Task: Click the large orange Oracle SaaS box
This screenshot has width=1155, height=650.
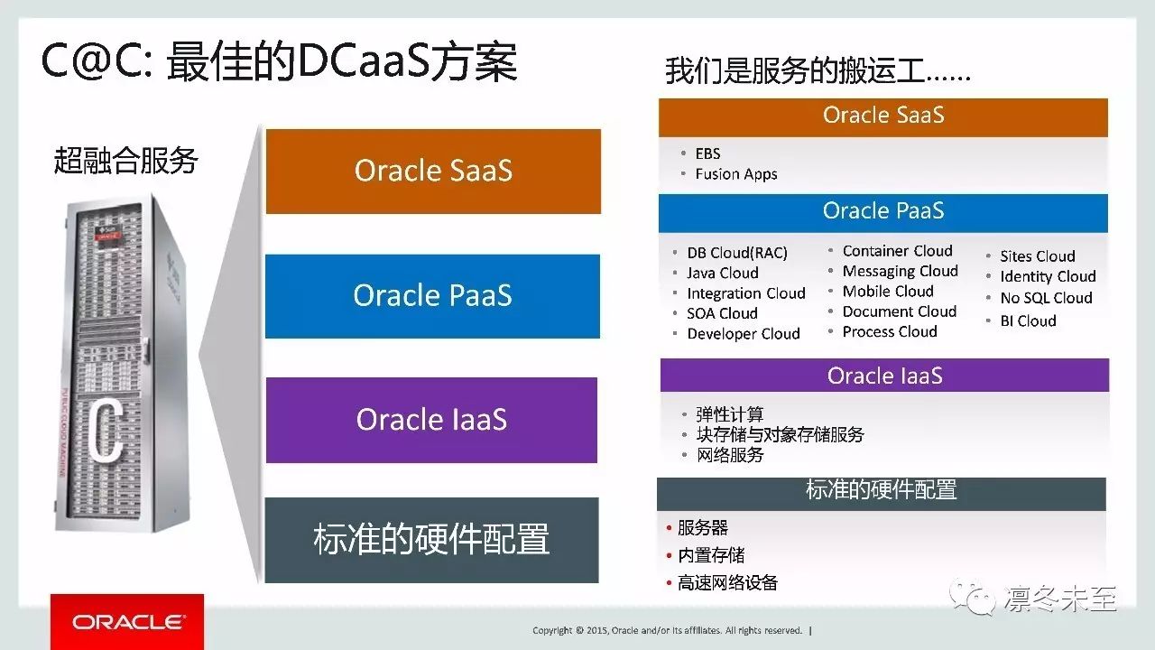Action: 433,172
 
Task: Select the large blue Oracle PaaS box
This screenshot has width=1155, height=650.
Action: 432,296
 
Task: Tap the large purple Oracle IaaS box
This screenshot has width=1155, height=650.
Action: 431,420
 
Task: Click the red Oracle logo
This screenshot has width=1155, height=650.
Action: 127,622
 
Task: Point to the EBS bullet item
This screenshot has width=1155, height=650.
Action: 707,153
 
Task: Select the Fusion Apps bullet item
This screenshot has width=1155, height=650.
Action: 735,174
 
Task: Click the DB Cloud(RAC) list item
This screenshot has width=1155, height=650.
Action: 737,253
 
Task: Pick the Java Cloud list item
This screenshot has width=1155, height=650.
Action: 723,273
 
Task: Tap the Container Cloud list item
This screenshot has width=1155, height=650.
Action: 897,251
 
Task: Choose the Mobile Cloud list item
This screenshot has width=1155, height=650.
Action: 888,292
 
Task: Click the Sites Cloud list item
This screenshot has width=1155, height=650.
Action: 1038,256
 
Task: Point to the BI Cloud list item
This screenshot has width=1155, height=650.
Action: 1028,320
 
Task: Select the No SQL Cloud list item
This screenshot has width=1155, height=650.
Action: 1046,298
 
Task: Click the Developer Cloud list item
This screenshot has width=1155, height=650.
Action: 744,334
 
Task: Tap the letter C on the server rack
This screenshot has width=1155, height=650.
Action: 106,432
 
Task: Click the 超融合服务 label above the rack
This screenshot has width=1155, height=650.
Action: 125,161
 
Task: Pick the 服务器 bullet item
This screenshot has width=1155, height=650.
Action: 702,528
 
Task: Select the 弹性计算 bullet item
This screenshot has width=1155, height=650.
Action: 730,414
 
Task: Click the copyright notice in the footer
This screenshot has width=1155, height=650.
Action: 667,630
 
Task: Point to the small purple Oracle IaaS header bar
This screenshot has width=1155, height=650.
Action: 884,375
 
